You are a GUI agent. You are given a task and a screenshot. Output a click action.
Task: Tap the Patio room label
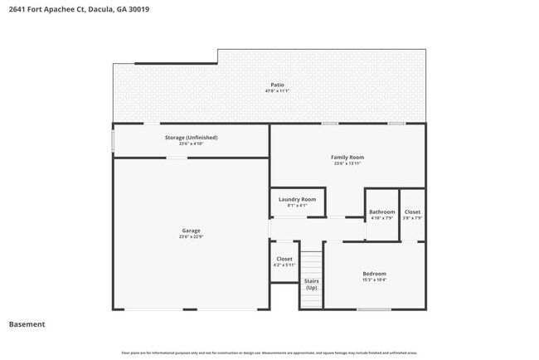(277, 85)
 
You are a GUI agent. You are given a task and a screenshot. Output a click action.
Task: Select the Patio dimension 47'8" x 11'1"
(277, 90)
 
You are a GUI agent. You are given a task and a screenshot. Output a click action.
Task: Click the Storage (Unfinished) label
(191, 138)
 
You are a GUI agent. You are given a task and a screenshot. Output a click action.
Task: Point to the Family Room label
(347, 157)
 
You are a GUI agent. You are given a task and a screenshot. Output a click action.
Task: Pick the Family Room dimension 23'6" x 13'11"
(347, 163)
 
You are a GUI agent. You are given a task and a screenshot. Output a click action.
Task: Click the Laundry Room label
(297, 199)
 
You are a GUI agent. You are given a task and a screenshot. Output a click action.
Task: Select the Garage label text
(191, 231)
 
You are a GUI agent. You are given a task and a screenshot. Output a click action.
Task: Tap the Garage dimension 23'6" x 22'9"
(191, 237)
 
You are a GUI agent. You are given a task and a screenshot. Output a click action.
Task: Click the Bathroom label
(382, 212)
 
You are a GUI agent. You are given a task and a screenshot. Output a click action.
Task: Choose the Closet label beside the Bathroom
(412, 212)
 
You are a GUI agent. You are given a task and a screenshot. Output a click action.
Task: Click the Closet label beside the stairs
(284, 259)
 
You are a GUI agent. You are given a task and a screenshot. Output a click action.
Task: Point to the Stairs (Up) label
(312, 284)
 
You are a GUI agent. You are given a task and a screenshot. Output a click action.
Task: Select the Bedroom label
(374, 274)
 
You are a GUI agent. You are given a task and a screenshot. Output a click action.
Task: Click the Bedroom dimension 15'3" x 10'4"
(374, 280)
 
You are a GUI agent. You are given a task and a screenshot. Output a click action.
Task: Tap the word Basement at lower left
(27, 324)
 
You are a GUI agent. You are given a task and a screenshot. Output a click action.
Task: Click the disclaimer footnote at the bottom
(269, 352)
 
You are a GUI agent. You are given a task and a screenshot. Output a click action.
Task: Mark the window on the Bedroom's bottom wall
(374, 309)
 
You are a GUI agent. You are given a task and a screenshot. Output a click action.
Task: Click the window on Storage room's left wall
(114, 139)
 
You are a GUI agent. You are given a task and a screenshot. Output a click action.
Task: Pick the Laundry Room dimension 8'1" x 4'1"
(297, 206)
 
